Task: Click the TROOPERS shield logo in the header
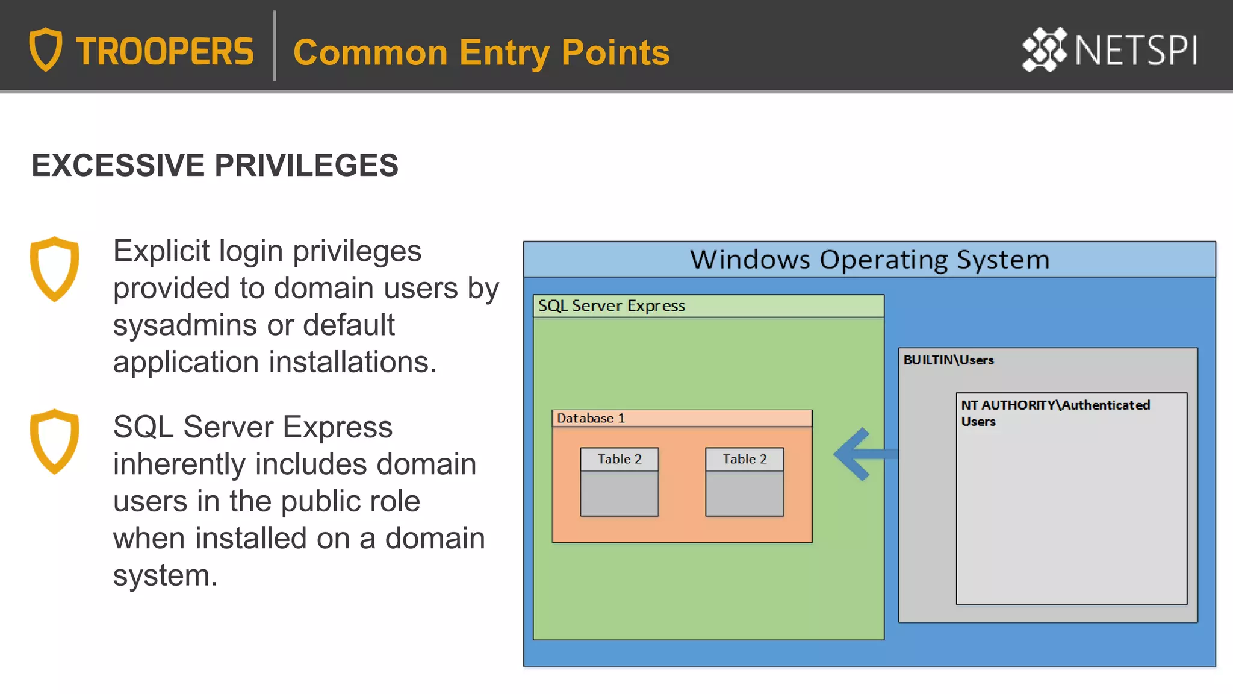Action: coord(46,49)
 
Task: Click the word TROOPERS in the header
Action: coord(164,52)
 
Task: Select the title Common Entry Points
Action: coord(481,52)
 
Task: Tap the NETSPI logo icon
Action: coord(1045,50)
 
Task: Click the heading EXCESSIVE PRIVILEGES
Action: coord(215,166)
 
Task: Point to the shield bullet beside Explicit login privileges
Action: coord(54,269)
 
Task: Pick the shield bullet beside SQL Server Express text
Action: coord(54,441)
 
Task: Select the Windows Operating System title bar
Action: coord(869,260)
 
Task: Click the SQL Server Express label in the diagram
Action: coord(611,306)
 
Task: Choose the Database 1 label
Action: coord(591,418)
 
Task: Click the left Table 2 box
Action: coord(619,482)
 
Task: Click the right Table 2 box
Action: coord(744,482)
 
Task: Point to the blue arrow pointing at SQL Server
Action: coord(861,454)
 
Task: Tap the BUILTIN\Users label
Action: coord(948,360)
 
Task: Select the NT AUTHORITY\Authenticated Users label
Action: coord(1055,413)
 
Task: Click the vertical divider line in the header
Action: coord(275,46)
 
